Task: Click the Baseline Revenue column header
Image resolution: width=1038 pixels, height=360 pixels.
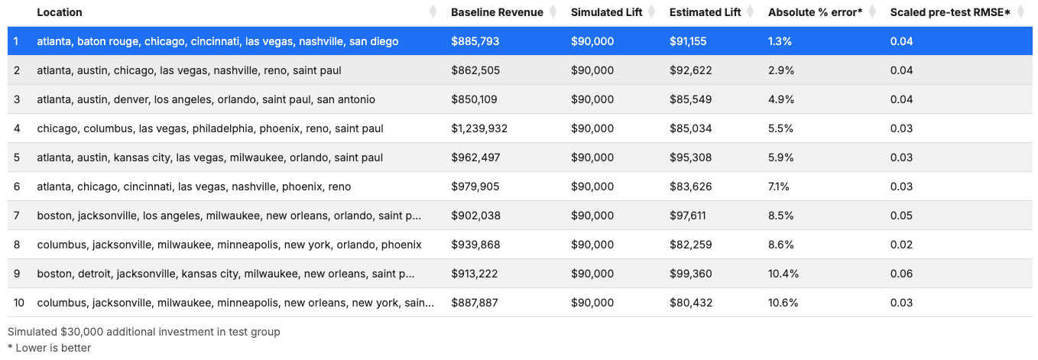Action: tap(497, 12)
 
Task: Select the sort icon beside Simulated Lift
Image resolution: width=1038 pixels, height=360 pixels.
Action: tap(651, 12)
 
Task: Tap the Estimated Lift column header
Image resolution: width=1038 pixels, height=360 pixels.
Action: tap(705, 12)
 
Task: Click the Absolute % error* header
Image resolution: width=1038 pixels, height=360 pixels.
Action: tap(815, 12)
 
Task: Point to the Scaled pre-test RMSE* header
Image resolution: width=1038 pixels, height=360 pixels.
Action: tap(950, 12)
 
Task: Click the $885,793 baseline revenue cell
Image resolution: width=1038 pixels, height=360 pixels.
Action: tap(475, 41)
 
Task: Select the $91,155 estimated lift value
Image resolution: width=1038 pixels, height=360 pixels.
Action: tap(688, 41)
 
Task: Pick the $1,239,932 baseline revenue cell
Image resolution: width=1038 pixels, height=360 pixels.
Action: tap(479, 128)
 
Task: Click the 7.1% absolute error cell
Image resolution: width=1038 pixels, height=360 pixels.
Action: tap(778, 186)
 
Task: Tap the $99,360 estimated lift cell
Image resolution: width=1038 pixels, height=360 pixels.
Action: tap(690, 274)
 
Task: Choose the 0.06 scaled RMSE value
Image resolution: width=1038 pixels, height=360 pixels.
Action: tap(901, 274)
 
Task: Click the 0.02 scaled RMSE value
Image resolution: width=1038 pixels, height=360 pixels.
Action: tap(901, 245)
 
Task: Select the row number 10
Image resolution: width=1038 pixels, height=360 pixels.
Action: tap(18, 303)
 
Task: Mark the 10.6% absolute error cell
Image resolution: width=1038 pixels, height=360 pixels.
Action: tap(783, 303)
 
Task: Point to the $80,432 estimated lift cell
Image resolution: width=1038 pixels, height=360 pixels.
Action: tap(690, 303)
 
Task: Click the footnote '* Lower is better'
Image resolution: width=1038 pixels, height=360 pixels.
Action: tap(49, 348)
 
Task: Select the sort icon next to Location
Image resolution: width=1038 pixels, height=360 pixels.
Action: tap(433, 12)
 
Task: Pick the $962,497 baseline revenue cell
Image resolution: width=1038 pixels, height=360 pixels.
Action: tap(475, 157)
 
